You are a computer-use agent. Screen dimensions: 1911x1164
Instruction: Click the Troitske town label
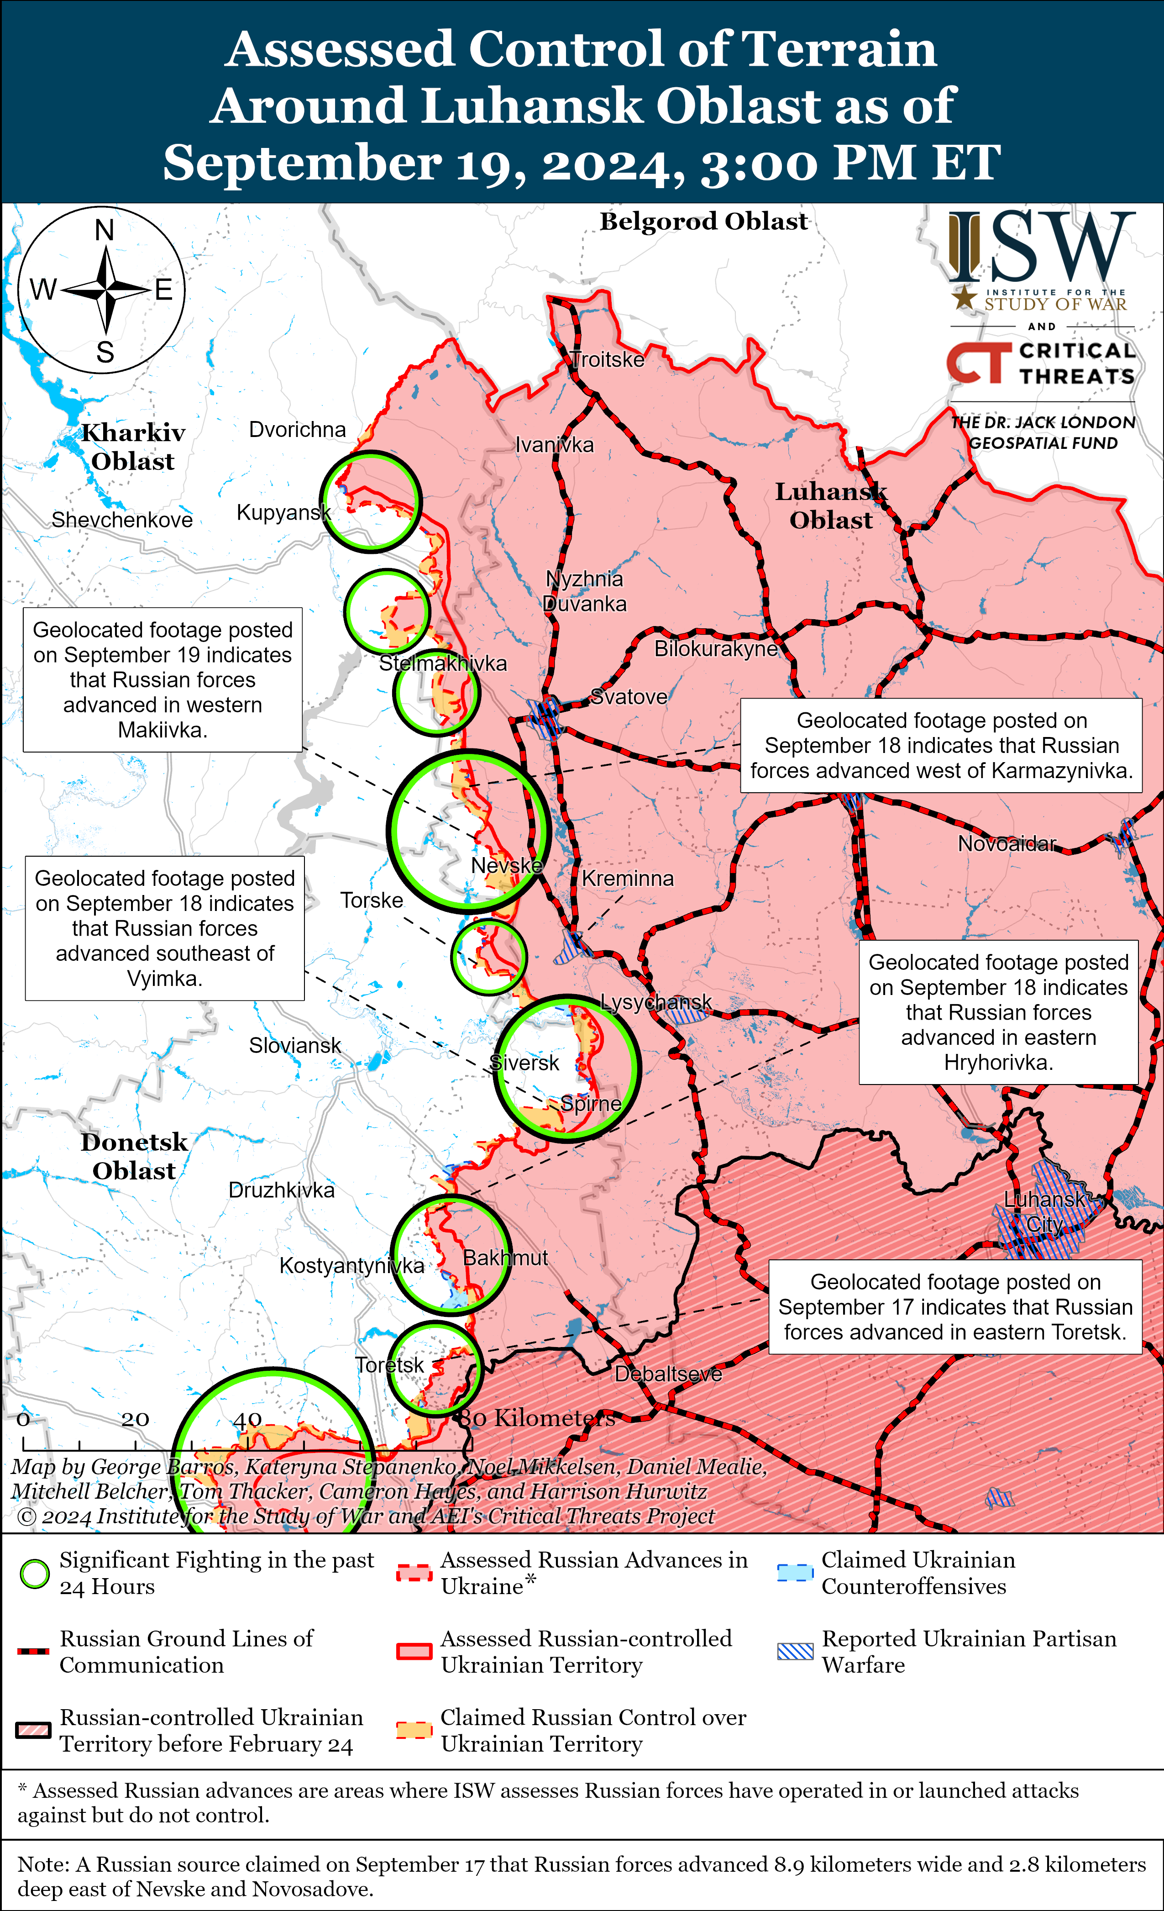point(607,360)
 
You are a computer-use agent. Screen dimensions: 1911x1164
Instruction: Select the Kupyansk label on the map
point(283,513)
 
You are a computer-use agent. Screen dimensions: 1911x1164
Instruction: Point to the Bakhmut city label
point(505,1258)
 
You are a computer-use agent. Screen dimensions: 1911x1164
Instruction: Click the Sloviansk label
point(295,1046)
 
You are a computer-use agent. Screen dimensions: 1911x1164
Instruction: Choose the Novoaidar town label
point(1007,844)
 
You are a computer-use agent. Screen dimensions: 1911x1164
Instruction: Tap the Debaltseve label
point(668,1374)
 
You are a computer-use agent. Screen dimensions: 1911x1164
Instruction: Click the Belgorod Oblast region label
point(703,222)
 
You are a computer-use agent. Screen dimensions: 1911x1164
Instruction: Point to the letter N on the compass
point(105,230)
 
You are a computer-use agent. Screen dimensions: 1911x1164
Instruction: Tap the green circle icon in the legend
point(35,1574)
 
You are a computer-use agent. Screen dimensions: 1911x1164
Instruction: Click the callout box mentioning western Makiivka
point(162,679)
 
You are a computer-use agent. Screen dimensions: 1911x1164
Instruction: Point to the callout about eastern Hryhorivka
point(998,1012)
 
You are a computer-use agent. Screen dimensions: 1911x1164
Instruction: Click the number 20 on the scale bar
point(135,1419)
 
